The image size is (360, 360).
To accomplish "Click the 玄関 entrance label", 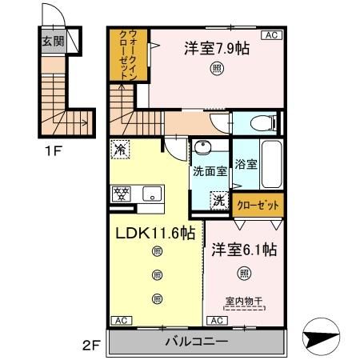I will (53, 42).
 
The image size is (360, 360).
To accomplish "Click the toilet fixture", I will (262, 123).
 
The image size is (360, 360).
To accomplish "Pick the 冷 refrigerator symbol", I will (120, 148).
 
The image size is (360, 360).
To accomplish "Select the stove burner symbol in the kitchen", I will (122, 194).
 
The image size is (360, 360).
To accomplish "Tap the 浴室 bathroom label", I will (245, 165).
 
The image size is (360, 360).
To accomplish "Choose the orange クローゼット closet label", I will (258, 205).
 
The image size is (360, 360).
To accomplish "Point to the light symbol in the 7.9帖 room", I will (218, 70).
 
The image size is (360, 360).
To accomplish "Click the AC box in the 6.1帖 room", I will (215, 320).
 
